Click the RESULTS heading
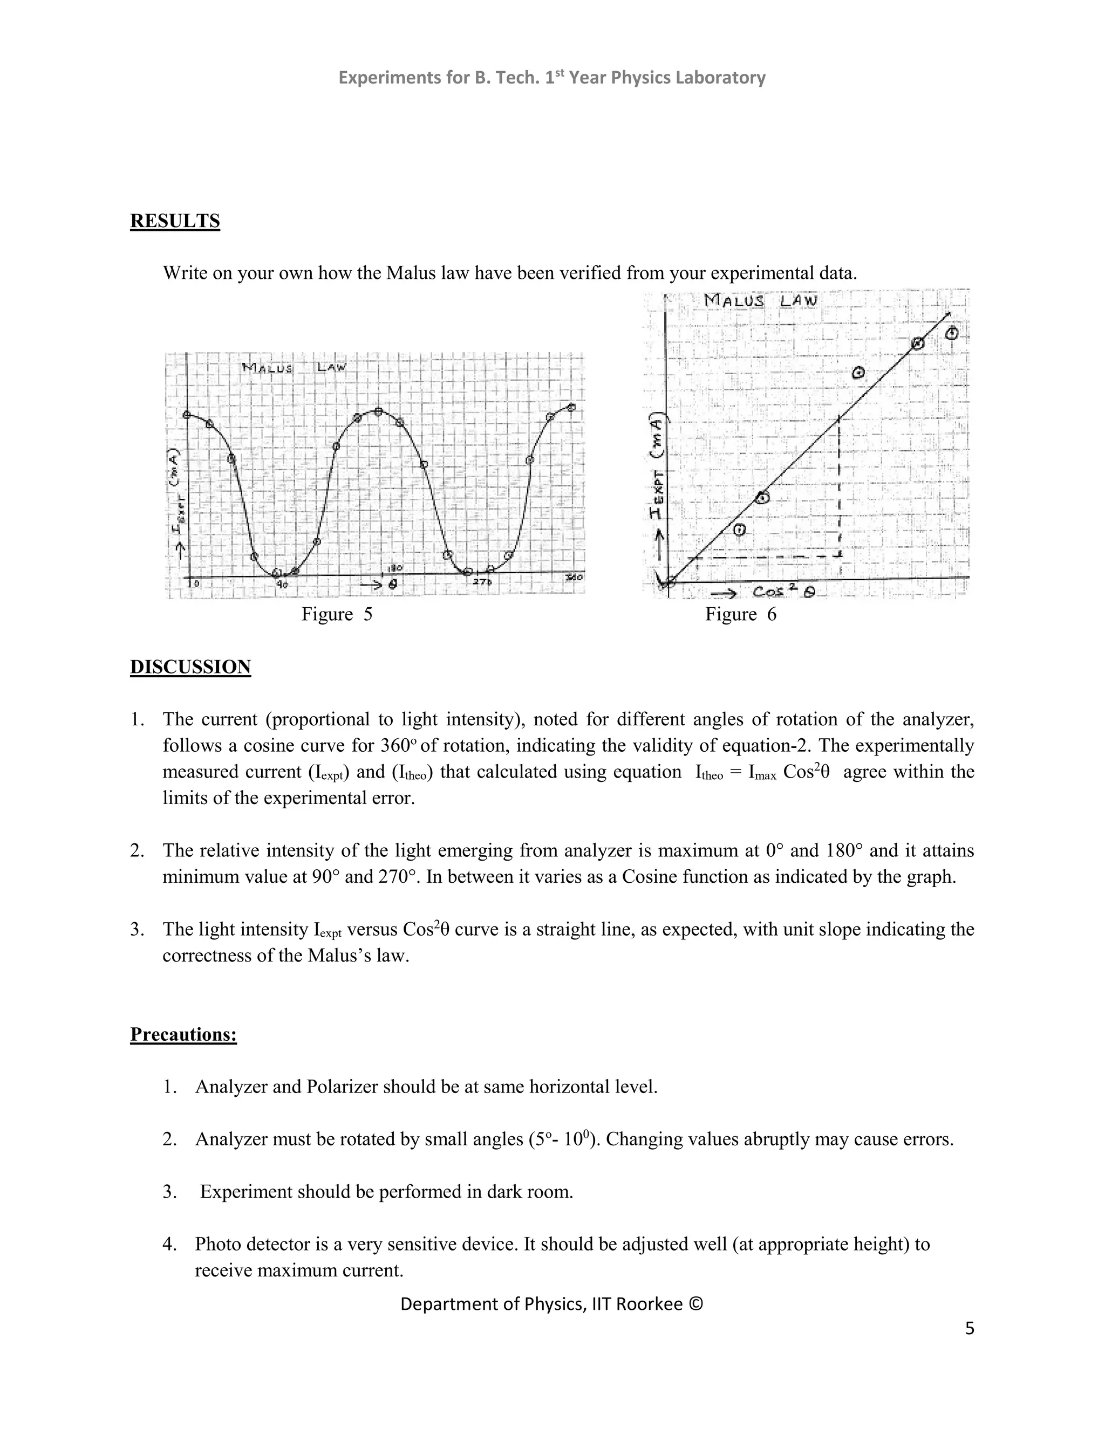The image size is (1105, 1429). (175, 221)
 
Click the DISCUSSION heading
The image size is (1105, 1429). (190, 667)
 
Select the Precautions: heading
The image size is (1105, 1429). (183, 1034)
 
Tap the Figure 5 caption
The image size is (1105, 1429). (337, 614)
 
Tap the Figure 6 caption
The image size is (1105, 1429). (740, 614)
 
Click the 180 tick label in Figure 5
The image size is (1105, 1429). (396, 568)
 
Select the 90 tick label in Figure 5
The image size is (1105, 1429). (282, 585)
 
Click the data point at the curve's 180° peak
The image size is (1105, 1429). (378, 411)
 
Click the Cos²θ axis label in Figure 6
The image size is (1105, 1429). (783, 592)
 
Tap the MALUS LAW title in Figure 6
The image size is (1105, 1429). (761, 301)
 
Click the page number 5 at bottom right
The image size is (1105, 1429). (970, 1329)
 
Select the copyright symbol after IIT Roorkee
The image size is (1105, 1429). (695, 1304)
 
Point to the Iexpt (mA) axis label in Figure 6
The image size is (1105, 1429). (657, 468)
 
